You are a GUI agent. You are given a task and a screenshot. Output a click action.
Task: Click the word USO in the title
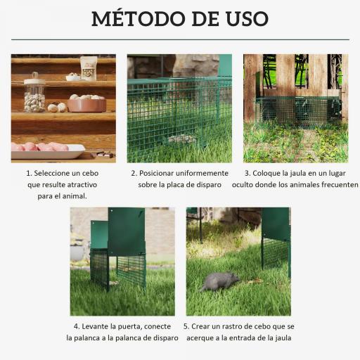click(243, 18)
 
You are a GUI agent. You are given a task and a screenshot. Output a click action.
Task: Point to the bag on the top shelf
click(89, 67)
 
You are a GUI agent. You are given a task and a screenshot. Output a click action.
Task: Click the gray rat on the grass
click(219, 281)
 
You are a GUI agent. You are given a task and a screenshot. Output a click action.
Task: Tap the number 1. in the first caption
click(29, 172)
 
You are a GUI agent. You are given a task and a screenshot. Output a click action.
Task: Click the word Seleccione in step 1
click(57, 172)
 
